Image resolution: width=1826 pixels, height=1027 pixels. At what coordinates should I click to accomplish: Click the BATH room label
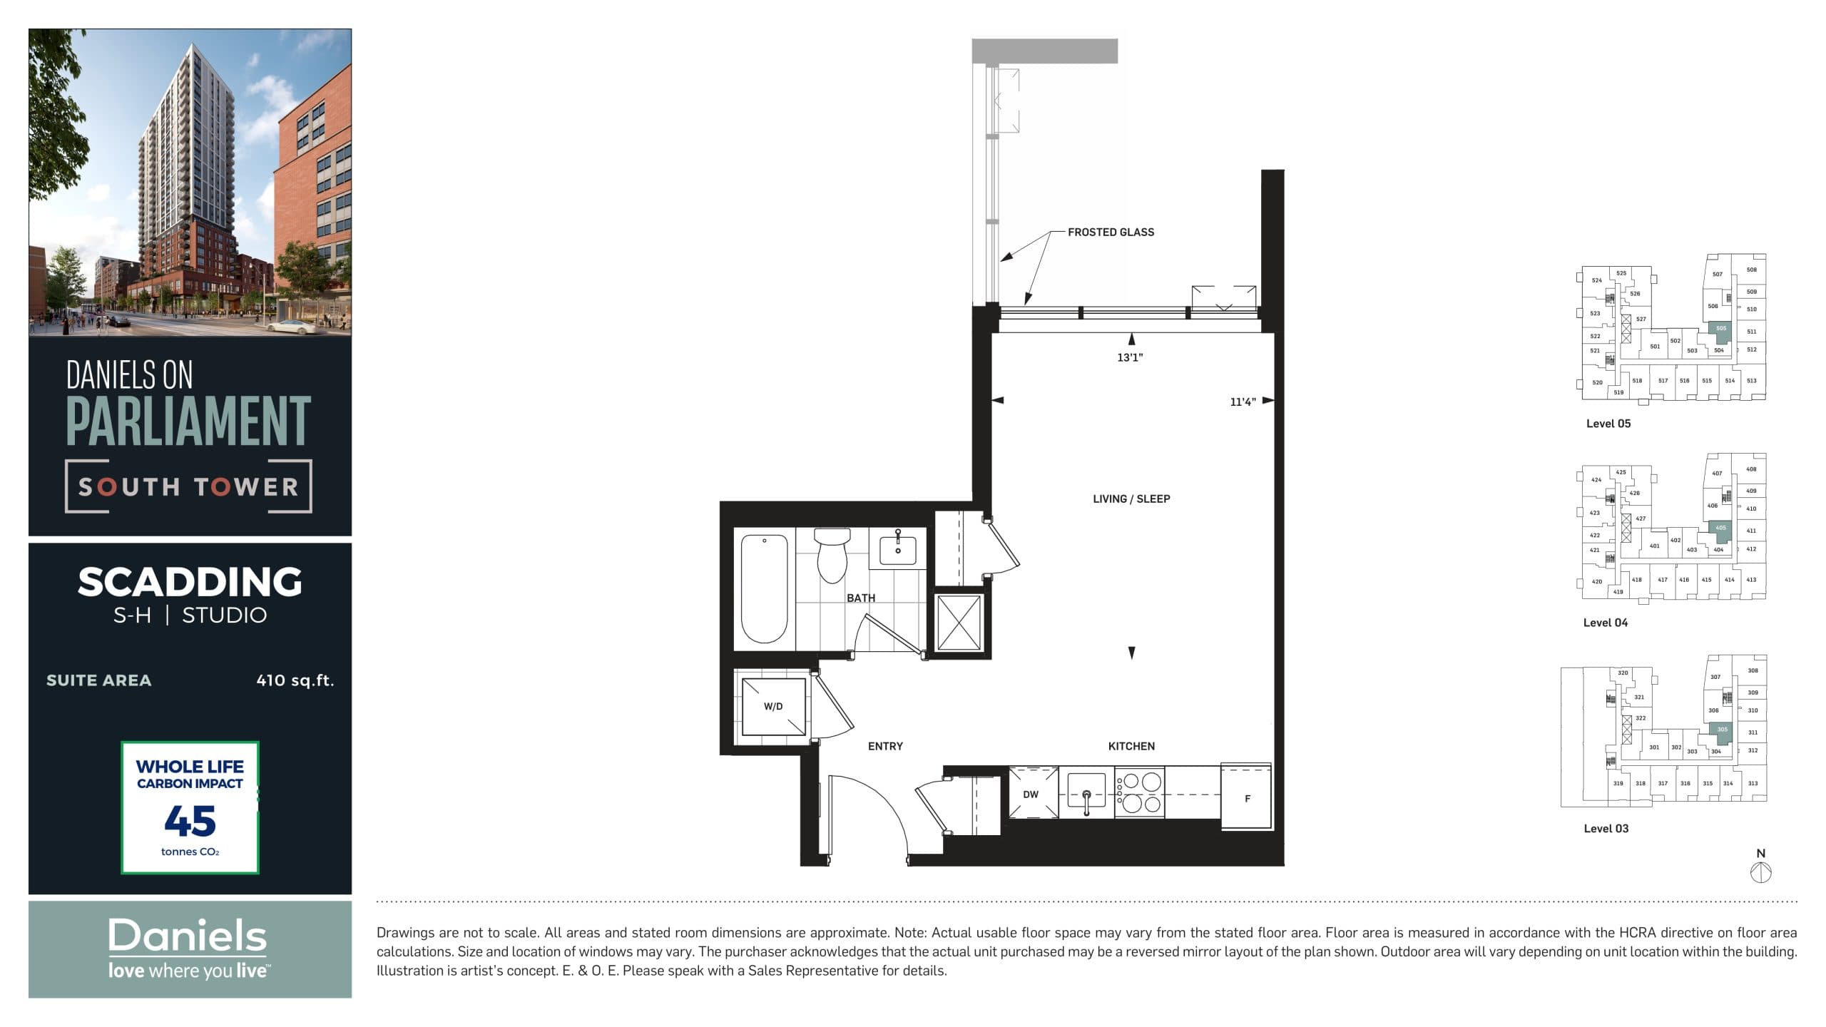click(861, 598)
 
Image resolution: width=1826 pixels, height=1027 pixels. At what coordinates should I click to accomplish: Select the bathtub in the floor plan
click(764, 588)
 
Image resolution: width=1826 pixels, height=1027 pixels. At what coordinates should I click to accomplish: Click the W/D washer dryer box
click(774, 707)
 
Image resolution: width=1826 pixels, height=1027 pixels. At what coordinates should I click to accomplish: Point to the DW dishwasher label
click(1031, 794)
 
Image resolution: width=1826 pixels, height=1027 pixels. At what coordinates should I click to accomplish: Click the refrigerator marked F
click(1247, 798)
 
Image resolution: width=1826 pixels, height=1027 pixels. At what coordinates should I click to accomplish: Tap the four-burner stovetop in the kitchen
click(1139, 792)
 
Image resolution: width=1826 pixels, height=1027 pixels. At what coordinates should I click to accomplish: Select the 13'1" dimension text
click(1130, 357)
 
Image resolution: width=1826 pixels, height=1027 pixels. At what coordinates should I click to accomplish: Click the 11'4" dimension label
click(1243, 402)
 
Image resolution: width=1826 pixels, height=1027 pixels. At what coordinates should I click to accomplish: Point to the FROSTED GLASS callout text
click(1111, 233)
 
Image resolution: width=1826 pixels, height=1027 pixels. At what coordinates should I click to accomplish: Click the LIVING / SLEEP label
click(1131, 499)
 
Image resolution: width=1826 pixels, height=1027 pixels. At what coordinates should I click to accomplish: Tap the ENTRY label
click(885, 746)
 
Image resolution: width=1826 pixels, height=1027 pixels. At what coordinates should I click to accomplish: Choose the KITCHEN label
click(1131, 746)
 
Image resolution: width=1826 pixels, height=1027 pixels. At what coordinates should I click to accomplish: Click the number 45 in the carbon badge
click(190, 821)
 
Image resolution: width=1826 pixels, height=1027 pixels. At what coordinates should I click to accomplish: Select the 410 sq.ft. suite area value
click(295, 680)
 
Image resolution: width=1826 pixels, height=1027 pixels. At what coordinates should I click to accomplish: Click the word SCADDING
click(190, 582)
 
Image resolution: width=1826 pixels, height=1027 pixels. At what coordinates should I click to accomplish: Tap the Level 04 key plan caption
click(1606, 623)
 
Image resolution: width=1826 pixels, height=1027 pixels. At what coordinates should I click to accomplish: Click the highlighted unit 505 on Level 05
click(1721, 330)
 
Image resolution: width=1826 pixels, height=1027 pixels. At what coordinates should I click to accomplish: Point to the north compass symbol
click(1761, 872)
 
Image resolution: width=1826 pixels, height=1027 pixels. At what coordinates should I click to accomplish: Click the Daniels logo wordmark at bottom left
click(188, 936)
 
